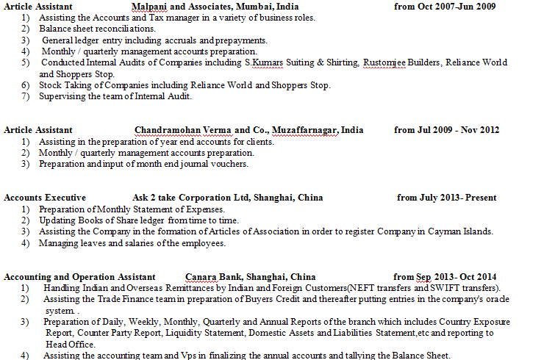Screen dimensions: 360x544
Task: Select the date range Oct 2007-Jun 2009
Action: (455, 7)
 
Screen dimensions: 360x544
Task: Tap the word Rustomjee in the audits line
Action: (384, 62)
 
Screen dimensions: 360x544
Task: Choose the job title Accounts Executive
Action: (45, 198)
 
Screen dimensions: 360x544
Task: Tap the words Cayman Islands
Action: (462, 231)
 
